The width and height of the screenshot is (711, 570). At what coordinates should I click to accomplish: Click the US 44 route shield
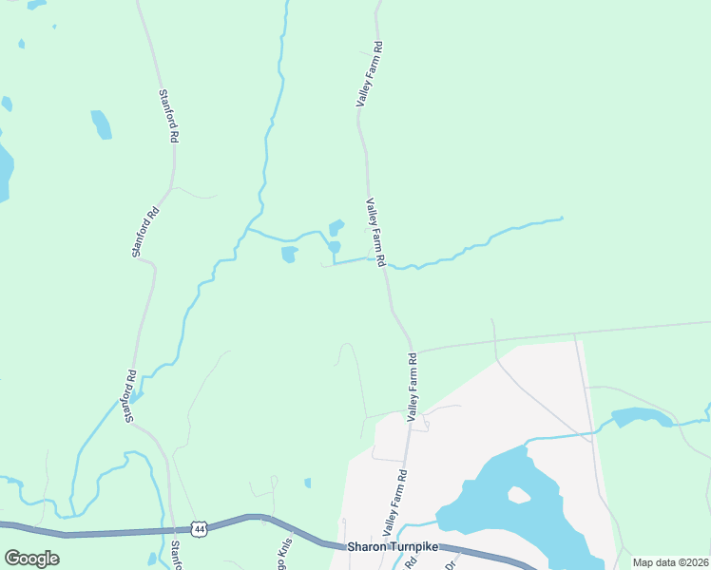point(199,528)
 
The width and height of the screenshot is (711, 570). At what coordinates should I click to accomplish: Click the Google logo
point(31,559)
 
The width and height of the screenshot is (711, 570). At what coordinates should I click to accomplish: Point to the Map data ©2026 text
point(668,562)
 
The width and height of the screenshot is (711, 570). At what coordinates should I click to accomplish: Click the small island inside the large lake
point(518,495)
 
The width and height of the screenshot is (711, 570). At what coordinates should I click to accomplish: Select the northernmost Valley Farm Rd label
point(368,73)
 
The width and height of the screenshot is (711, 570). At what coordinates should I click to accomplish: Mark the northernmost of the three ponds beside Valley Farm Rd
point(336,227)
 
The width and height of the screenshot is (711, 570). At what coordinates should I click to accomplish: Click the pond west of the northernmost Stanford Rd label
point(101,124)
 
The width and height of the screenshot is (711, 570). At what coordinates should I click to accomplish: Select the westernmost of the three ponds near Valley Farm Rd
point(289,254)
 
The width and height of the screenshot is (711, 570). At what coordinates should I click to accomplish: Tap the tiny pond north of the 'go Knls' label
point(307,483)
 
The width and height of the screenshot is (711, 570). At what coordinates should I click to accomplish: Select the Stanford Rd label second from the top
point(144,231)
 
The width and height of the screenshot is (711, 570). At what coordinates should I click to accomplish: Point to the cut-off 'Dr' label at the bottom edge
point(451,563)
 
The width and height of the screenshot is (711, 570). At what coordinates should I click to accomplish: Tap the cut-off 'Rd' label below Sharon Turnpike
point(411,562)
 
